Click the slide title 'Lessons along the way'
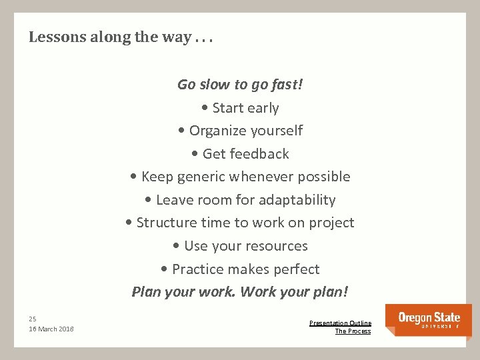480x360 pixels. (x=121, y=37)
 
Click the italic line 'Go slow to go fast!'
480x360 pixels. (x=239, y=85)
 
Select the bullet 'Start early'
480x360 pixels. (x=239, y=108)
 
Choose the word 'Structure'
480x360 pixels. (x=166, y=223)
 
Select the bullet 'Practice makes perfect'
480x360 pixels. (x=239, y=269)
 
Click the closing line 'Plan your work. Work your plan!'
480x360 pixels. (x=239, y=292)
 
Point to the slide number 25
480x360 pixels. (x=33, y=319)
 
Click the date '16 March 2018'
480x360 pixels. (x=51, y=329)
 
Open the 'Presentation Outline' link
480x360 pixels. (x=340, y=323)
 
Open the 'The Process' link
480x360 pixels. (x=353, y=331)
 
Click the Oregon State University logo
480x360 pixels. (x=429, y=319)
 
